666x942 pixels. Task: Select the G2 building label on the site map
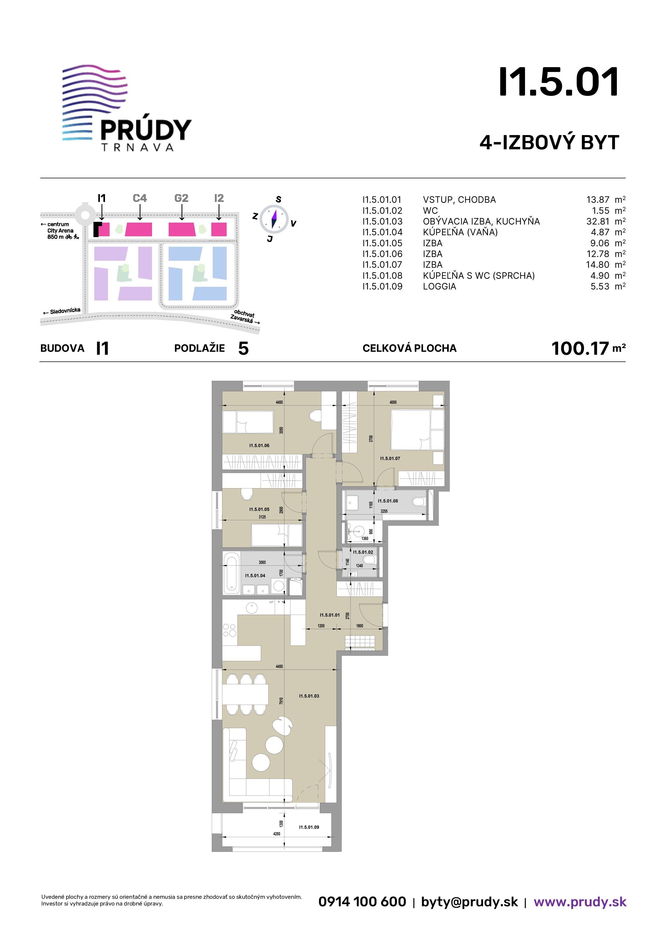(181, 198)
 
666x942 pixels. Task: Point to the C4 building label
(140, 198)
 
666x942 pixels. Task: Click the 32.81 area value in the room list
(598, 222)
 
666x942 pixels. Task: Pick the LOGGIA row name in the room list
(440, 286)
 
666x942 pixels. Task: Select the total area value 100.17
(580, 348)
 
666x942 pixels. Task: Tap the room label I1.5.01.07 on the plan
(390, 458)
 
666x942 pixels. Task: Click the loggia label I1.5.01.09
(309, 827)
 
